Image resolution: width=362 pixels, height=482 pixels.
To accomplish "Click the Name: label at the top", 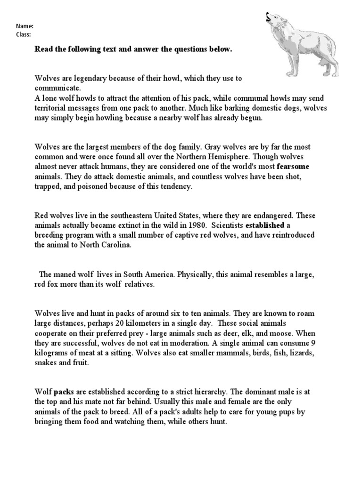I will (25, 26).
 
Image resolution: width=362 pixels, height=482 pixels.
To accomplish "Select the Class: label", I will (24, 34).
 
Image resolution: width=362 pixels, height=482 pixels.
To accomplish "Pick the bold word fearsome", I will (294, 167).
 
